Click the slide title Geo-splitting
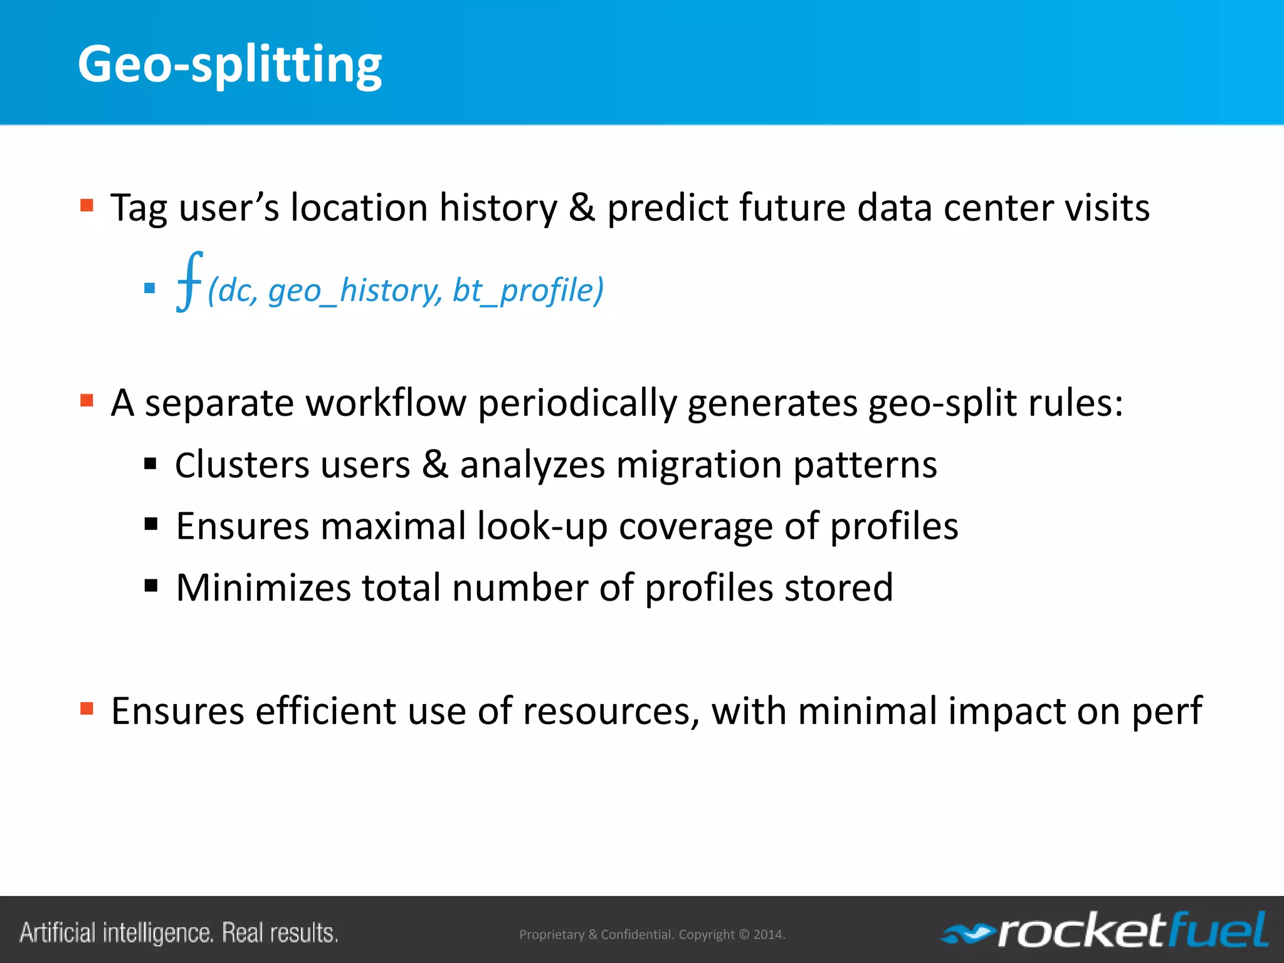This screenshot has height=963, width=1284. click(x=229, y=64)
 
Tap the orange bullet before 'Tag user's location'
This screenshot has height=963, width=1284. click(x=87, y=206)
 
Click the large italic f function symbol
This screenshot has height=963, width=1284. click(x=189, y=282)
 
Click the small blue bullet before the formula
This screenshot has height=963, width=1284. click(x=149, y=288)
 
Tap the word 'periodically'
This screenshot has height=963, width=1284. click(x=577, y=403)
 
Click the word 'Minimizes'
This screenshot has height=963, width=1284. click(x=263, y=587)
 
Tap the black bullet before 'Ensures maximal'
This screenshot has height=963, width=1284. click(x=150, y=524)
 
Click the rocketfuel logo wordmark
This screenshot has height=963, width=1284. click(x=1132, y=930)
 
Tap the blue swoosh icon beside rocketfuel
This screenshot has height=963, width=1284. click(x=966, y=934)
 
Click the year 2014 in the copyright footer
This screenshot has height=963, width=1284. click(x=768, y=935)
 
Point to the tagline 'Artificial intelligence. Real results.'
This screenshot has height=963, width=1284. click(x=179, y=933)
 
